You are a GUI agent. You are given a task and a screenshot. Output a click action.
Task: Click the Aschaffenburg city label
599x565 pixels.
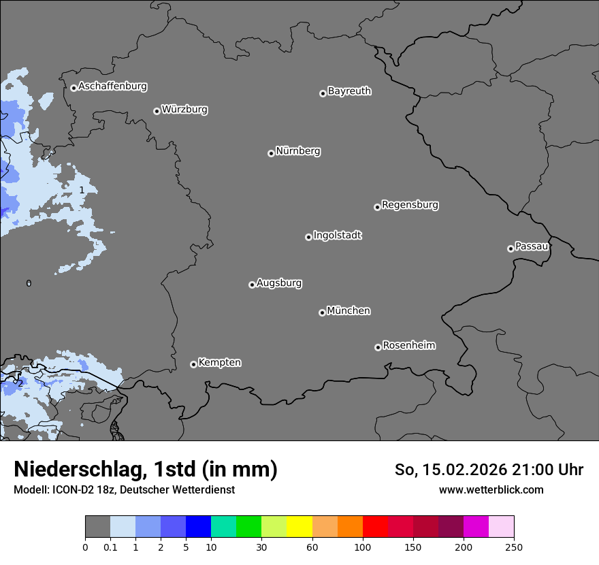tap(112, 86)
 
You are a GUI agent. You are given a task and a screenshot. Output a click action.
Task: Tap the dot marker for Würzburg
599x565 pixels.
tap(157, 111)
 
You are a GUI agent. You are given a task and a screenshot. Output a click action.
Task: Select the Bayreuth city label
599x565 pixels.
tap(349, 91)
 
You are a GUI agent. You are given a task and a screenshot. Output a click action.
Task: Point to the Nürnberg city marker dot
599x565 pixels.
tap(271, 153)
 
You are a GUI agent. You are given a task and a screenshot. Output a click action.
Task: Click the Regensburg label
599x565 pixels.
tap(410, 205)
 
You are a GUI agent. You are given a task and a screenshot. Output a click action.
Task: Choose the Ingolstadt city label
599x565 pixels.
tap(337, 236)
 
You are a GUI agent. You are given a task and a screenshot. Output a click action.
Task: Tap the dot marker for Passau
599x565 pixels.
tap(511, 248)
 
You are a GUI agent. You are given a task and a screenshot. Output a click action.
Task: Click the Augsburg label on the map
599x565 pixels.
tap(279, 283)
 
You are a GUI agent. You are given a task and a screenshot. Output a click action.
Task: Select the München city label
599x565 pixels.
tap(349, 311)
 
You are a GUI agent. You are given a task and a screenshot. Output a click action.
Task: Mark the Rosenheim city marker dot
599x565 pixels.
tap(378, 348)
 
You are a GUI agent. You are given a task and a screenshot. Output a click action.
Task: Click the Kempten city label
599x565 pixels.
tap(219, 363)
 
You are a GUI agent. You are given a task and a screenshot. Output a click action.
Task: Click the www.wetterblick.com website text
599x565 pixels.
tap(491, 489)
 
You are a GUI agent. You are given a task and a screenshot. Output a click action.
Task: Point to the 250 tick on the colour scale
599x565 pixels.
tap(514, 547)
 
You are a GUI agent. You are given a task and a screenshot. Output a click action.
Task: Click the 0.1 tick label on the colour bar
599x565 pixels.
tap(110, 547)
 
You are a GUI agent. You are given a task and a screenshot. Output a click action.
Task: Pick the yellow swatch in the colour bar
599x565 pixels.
tap(299, 527)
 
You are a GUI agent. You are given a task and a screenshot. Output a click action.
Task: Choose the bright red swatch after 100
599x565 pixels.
tap(375, 527)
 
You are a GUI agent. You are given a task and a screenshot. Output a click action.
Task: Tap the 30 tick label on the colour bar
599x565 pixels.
tap(262, 547)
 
